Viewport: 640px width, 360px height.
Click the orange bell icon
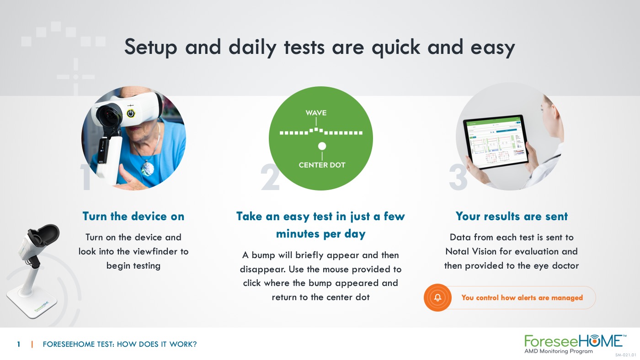coord(437,297)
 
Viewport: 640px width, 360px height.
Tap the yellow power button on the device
coord(131,113)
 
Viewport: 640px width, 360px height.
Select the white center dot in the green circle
coord(322,146)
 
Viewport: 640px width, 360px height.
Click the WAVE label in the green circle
coord(316,113)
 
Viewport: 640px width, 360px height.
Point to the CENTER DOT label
coord(322,165)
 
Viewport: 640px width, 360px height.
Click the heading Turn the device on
coord(133,217)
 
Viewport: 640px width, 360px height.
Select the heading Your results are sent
coord(512,217)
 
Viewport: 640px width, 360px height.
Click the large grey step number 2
coord(270,177)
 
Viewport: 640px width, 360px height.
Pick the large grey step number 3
coord(458,177)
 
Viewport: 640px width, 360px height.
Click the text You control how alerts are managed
coord(522,298)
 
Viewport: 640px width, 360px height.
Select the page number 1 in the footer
coord(19,344)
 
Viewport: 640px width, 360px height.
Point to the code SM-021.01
coord(625,355)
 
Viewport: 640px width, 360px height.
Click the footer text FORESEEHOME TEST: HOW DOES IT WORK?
coord(120,344)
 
